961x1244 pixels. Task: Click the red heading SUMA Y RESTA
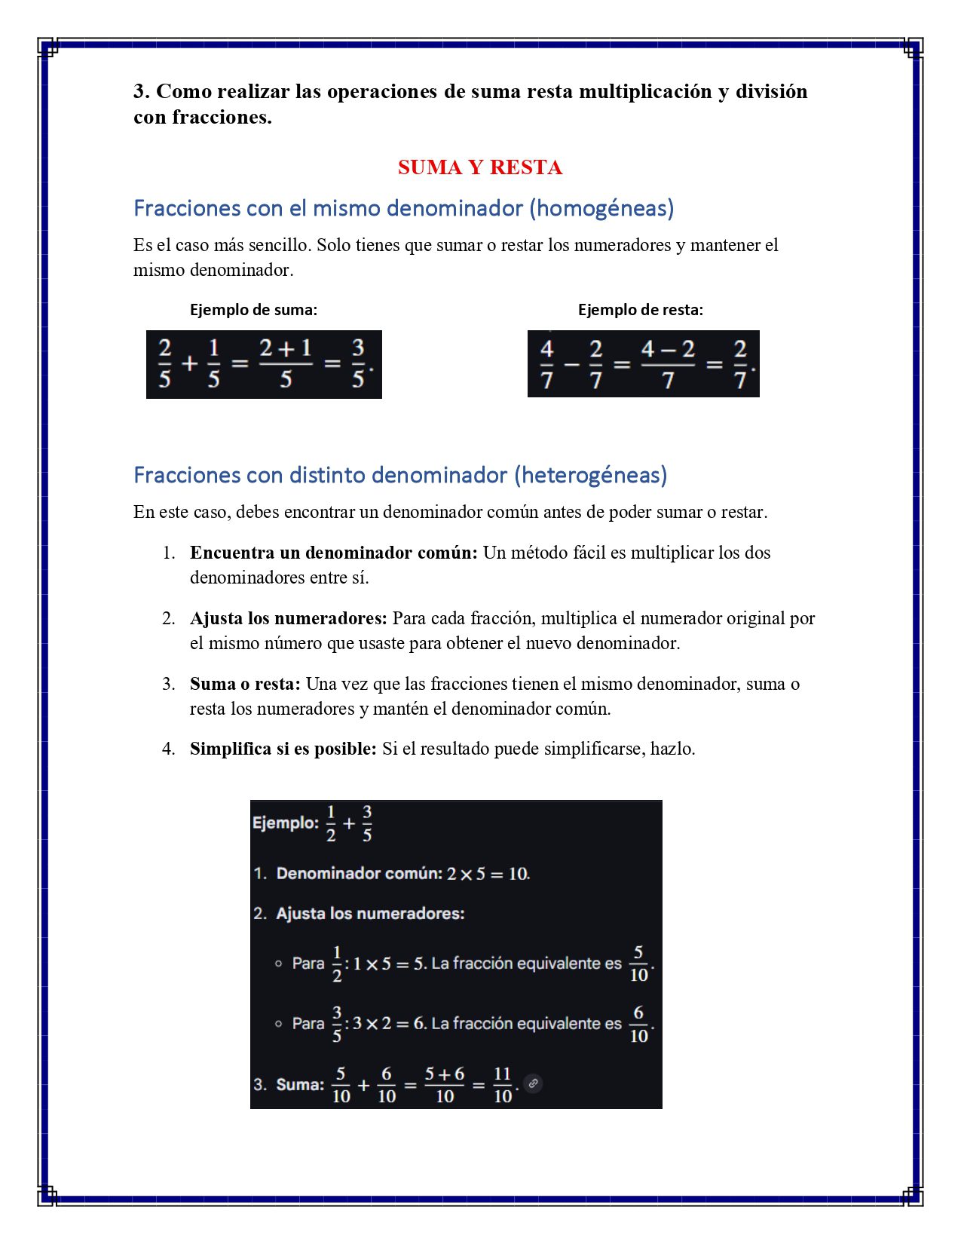coord(479,167)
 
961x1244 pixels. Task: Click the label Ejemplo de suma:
coord(253,310)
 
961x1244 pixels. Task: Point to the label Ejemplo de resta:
coord(640,310)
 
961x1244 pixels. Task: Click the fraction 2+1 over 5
coord(286,363)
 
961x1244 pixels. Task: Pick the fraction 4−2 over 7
coord(668,364)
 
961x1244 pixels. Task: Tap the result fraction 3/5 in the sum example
coord(358,363)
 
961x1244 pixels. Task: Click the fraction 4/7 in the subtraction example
coord(547,364)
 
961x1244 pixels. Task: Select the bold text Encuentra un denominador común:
coord(333,553)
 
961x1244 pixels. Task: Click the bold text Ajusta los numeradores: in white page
coord(288,618)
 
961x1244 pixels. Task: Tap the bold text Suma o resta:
coord(245,684)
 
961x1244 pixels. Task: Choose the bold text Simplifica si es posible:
coord(283,749)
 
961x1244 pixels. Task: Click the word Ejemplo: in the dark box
coord(286,823)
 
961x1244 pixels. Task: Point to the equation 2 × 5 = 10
coord(487,874)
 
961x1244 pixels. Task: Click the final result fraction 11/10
coord(503,1085)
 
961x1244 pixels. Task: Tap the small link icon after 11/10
coord(533,1083)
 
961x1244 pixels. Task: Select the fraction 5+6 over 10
coord(445,1085)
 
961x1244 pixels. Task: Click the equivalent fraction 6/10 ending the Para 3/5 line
coord(638,1024)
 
